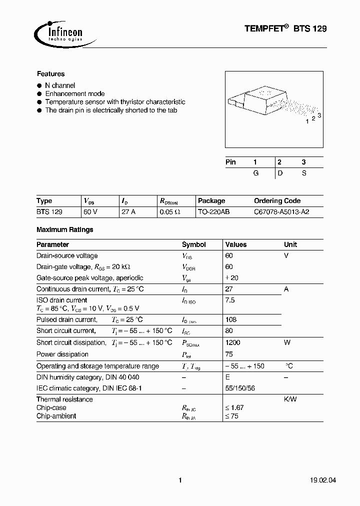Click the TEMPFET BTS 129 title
pyautogui.click(x=285, y=29)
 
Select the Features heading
pyautogui.click(x=50, y=74)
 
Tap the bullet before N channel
pyautogui.click(x=39, y=86)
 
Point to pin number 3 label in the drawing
pyautogui.click(x=319, y=115)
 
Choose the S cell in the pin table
pyautogui.click(x=303, y=173)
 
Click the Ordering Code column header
pyautogui.click(x=277, y=200)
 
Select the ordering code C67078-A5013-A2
pyautogui.click(x=281, y=212)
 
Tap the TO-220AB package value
pyautogui.click(x=213, y=212)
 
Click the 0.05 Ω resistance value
pyautogui.click(x=170, y=212)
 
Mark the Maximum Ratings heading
pyautogui.click(x=64, y=230)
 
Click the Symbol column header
pyautogui.click(x=193, y=244)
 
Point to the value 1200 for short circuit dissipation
pyautogui.click(x=233, y=342)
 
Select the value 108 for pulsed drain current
pyautogui.click(x=231, y=319)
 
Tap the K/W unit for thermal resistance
pyautogui.click(x=291, y=399)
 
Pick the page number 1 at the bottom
pyautogui.click(x=180, y=480)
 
